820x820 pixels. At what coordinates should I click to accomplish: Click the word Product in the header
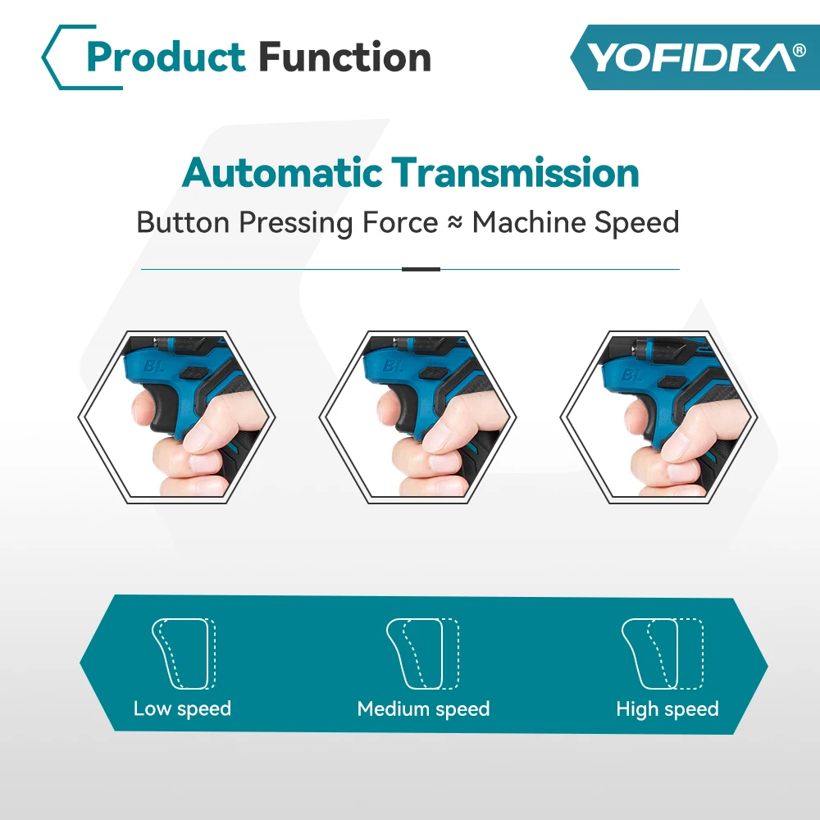tap(166, 57)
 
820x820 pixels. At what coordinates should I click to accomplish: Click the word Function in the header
tap(344, 57)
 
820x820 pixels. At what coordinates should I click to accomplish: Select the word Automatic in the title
tap(282, 173)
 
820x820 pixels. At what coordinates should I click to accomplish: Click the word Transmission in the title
tap(515, 173)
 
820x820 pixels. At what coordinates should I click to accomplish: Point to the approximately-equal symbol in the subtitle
tap(455, 223)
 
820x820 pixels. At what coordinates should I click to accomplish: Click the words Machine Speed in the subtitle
tap(576, 223)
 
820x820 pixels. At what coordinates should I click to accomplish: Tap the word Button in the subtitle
tap(184, 223)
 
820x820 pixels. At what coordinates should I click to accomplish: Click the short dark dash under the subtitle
tap(421, 269)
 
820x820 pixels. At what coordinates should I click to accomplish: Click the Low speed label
tap(182, 708)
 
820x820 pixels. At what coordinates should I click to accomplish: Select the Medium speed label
tap(423, 708)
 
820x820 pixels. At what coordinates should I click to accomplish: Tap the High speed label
tap(667, 708)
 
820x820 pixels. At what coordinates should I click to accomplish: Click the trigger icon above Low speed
tap(183, 654)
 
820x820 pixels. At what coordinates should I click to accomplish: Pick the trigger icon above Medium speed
tap(422, 654)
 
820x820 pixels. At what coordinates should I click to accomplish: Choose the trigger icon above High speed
tap(663, 654)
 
